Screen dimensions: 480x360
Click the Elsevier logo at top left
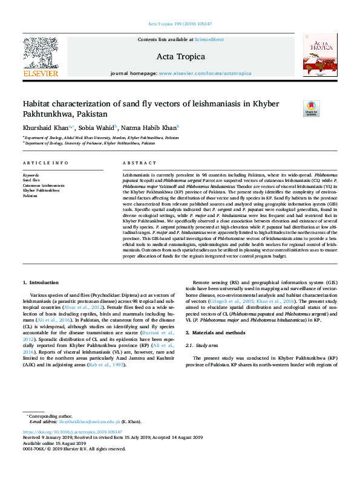pos(40,57)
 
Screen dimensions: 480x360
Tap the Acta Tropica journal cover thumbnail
pos(319,55)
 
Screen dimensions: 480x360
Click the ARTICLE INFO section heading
pos(45,164)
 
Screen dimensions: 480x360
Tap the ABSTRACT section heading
pos(140,164)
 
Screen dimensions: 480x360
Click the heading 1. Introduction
pos(41,282)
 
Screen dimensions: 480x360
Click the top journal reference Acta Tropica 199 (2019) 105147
pos(180,24)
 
